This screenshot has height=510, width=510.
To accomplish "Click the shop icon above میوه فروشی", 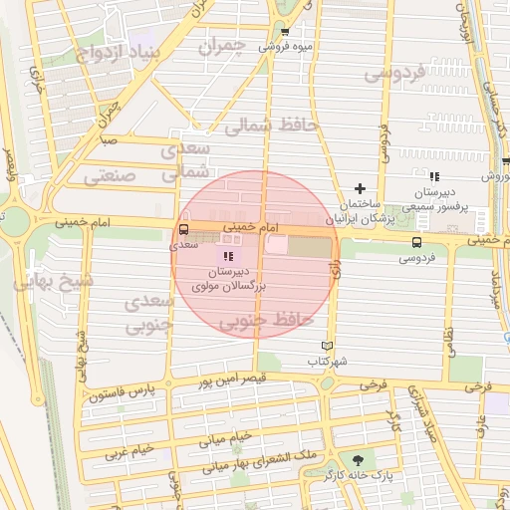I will pyautogui.click(x=284, y=31).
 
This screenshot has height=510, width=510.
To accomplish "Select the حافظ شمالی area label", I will pyautogui.click(x=270, y=127).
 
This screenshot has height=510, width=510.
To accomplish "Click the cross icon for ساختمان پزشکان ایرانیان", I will pyautogui.click(x=361, y=188).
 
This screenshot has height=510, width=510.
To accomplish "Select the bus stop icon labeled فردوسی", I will pyautogui.click(x=415, y=241).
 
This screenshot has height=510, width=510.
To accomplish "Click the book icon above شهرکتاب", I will pyautogui.click(x=313, y=345).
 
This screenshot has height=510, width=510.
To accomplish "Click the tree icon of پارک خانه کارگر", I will pyautogui.click(x=358, y=459).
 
